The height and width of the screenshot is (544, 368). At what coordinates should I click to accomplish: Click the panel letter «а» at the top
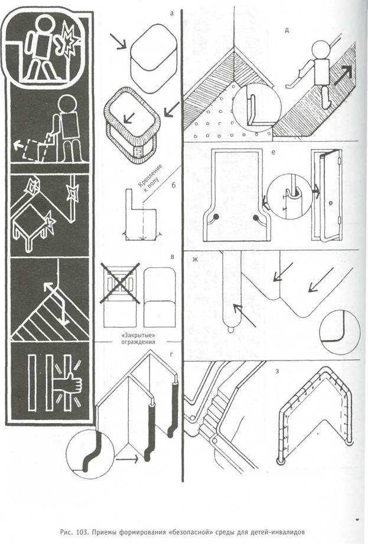[x=171, y=14]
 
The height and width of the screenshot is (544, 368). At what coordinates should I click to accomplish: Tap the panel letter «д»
[x=286, y=30]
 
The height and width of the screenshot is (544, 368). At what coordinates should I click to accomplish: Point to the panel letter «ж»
[x=195, y=259]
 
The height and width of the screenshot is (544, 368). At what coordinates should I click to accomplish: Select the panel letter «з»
[x=276, y=371]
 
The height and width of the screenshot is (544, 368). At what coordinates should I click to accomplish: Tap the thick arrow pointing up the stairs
[x=343, y=76]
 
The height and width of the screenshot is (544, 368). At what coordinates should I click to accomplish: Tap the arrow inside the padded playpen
[x=128, y=118]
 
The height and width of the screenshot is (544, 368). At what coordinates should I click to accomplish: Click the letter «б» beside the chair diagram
[x=174, y=184]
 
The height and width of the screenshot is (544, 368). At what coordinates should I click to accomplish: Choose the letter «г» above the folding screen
[x=171, y=355]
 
